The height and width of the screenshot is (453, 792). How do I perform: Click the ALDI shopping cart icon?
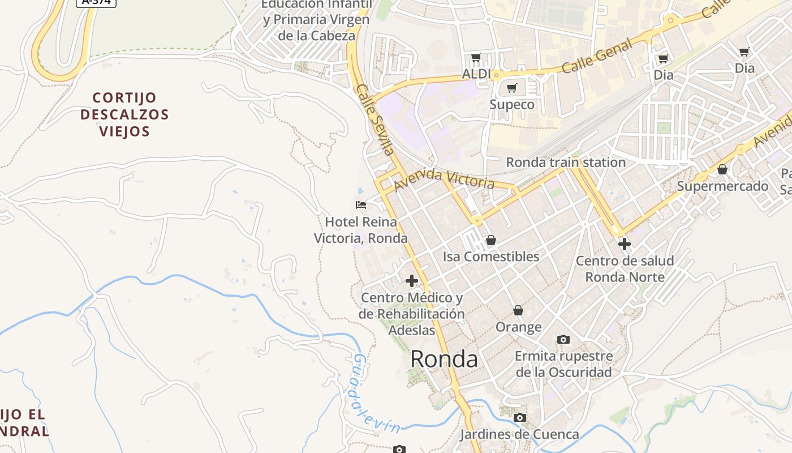[x=476, y=57]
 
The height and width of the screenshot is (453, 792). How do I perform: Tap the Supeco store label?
[x=511, y=105]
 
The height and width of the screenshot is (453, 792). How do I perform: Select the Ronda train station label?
[x=565, y=163]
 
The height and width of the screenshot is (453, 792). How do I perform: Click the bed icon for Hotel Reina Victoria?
[x=361, y=204]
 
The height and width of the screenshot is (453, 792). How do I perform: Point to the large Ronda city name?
[x=444, y=359]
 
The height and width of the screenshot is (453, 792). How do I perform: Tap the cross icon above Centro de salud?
[x=625, y=244]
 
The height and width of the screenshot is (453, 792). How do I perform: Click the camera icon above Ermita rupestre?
[x=563, y=339]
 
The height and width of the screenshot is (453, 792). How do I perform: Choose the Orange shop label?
[x=518, y=327]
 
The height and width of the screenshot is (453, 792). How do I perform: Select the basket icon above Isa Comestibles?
[x=490, y=241]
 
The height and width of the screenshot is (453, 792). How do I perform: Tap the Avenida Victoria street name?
[x=444, y=179]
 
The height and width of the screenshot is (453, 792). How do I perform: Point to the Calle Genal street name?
[x=597, y=57]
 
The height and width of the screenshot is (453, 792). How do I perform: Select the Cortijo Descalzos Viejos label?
[x=124, y=114]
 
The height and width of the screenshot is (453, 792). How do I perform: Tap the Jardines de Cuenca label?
[x=519, y=434]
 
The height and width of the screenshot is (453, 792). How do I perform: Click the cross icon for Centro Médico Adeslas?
[x=412, y=280]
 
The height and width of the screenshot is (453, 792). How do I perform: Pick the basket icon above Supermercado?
[x=722, y=169]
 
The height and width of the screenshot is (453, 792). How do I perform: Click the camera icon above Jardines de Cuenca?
[x=519, y=418]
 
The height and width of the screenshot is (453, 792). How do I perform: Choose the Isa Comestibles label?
[x=490, y=257]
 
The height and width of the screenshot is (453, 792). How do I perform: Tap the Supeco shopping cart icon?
[x=511, y=88]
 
